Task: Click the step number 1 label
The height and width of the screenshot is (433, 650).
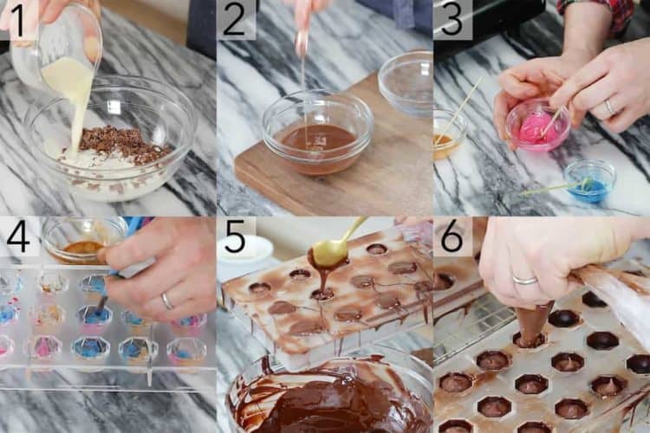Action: click(x=17, y=19)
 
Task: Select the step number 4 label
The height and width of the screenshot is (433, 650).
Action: click(x=17, y=236)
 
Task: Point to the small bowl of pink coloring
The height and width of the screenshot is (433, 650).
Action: click(x=537, y=126)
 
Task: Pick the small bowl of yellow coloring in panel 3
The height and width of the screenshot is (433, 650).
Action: click(x=448, y=135)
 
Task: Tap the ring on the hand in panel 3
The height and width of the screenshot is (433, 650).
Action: click(x=609, y=107)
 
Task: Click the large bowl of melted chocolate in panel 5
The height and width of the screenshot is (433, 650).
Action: click(x=329, y=398)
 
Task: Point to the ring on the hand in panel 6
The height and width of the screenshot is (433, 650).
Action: click(x=524, y=280)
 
